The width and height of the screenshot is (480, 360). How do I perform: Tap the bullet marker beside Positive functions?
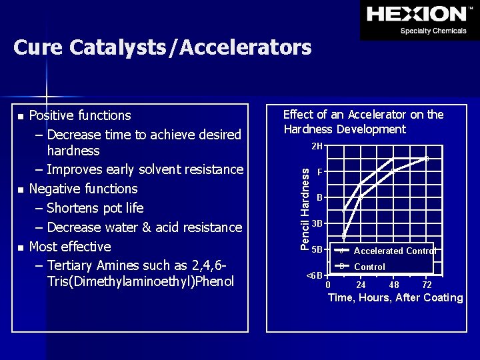(21, 117)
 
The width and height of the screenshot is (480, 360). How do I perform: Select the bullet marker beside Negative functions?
(21, 190)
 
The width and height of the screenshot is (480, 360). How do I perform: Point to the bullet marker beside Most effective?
(21, 248)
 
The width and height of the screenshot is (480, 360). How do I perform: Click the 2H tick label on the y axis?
(317, 146)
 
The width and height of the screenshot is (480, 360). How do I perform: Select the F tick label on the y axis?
(320, 172)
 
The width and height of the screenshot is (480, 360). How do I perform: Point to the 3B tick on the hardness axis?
(317, 223)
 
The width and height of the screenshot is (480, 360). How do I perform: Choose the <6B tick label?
(314, 275)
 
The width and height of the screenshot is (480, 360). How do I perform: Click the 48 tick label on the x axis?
(394, 285)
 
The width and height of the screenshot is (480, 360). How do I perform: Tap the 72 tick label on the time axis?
(427, 285)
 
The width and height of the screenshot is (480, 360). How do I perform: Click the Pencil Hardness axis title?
(305, 209)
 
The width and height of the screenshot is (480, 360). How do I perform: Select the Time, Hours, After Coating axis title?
(395, 298)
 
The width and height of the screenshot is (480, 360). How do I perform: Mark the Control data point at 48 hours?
(393, 171)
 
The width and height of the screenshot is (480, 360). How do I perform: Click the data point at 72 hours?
(427, 158)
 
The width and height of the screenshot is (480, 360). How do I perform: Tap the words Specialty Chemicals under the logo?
(433, 31)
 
